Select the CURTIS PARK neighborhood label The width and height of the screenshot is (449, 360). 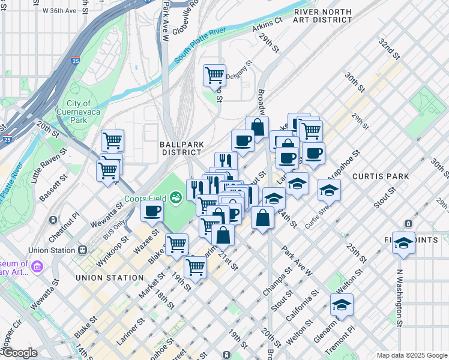pyautogui.click(x=381, y=176)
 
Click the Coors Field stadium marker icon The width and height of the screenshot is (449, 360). pyautogui.click(x=176, y=197)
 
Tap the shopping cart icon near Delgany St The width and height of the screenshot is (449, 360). pyautogui.click(x=214, y=75)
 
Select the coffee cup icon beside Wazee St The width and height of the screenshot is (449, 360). pyautogui.click(x=152, y=211)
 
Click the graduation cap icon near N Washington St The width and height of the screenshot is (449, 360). pyautogui.click(x=403, y=242)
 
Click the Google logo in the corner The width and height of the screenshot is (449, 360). pyautogui.click(x=19, y=353)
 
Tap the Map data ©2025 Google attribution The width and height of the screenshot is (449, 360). pyautogui.click(x=411, y=355)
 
